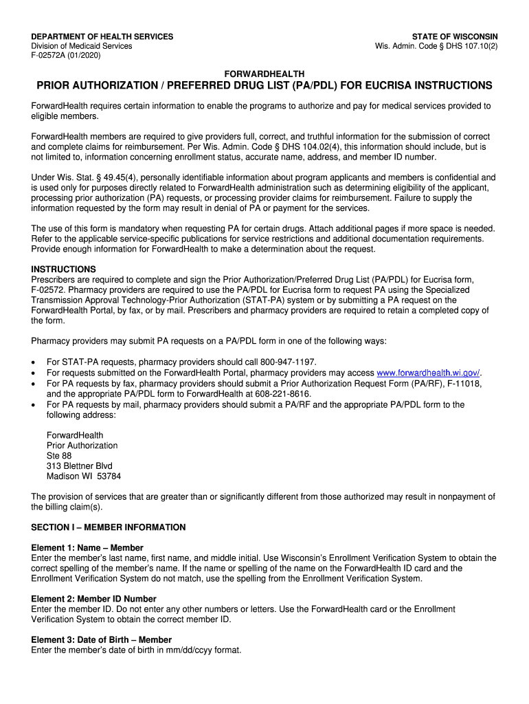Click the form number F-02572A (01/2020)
coord(66,56)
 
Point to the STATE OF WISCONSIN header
coord(455,36)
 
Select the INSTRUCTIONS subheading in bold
coord(64,269)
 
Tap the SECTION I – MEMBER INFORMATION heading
coord(109,527)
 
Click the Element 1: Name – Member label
coord(87,548)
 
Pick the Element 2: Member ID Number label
coord(94,599)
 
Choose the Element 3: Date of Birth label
coord(102,640)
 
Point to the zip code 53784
coord(108,476)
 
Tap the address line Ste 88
coord(59,456)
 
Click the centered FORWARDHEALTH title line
coord(264,74)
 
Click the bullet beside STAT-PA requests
coord(34,363)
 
